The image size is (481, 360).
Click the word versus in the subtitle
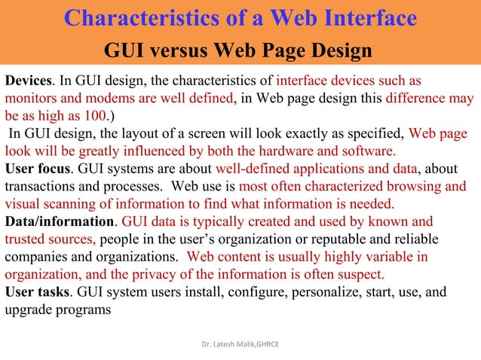189,51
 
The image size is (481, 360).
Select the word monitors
32,99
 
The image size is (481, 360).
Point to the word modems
113,99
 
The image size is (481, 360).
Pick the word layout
136,134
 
